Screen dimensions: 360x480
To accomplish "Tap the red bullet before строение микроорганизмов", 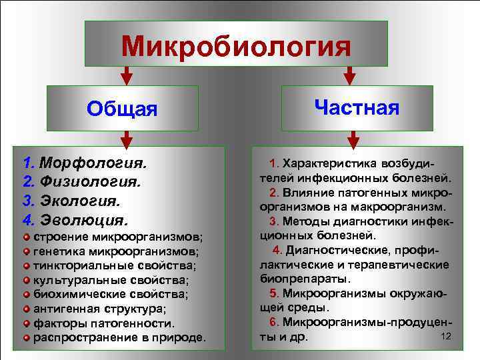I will click(x=27, y=237).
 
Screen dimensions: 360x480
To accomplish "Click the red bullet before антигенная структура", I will click(x=27, y=309).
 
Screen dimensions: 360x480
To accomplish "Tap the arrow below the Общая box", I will click(x=127, y=138).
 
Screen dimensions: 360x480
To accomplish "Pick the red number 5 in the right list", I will click(x=273, y=293).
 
